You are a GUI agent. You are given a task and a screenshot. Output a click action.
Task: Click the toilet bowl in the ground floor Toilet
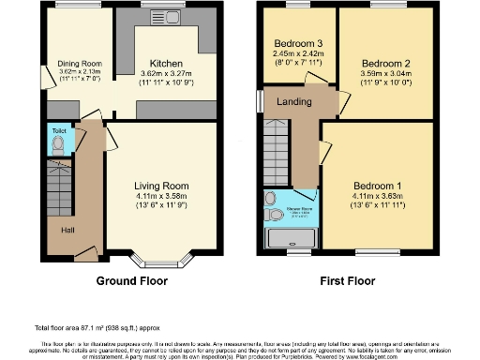(x=58, y=144)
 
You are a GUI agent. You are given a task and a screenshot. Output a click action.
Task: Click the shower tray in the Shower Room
(x=292, y=240)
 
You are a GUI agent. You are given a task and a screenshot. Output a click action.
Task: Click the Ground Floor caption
(x=132, y=280)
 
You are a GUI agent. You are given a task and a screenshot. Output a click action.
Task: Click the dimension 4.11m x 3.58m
(x=161, y=196)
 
